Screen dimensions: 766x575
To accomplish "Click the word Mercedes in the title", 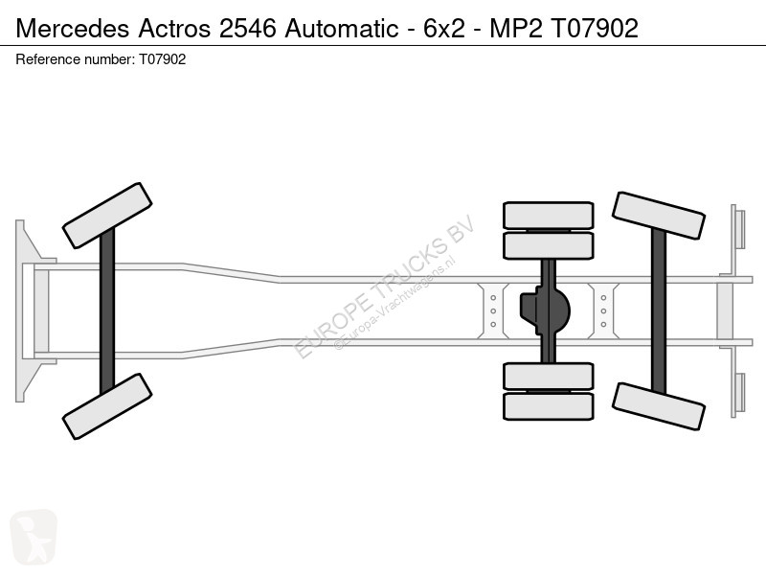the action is [73, 28].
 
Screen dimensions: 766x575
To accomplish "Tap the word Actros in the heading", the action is [174, 28].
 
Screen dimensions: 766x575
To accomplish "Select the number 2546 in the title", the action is [248, 28].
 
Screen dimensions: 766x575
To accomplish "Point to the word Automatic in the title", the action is [342, 28].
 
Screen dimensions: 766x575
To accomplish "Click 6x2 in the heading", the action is [444, 28].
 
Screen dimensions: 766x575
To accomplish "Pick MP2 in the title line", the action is [516, 28].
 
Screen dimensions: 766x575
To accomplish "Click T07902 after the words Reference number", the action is [162, 59].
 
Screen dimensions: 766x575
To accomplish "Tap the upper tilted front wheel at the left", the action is [107, 216].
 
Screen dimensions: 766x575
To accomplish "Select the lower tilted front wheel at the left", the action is [107, 406].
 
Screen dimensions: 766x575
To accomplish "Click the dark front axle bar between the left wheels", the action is [107, 310].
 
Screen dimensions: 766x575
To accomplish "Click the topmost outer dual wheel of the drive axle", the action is [548, 215].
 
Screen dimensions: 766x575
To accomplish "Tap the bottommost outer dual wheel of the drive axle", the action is [548, 406].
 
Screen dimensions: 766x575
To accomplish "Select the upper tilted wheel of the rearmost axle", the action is [658, 216].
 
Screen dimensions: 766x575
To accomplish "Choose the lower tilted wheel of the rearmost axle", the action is [658, 406].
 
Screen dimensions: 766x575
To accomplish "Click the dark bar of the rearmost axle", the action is [658, 310].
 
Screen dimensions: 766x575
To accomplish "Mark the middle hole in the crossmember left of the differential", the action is [493, 310].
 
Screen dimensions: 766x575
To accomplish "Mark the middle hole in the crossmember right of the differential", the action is [603, 310].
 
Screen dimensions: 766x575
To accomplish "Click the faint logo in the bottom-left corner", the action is [34, 537].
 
